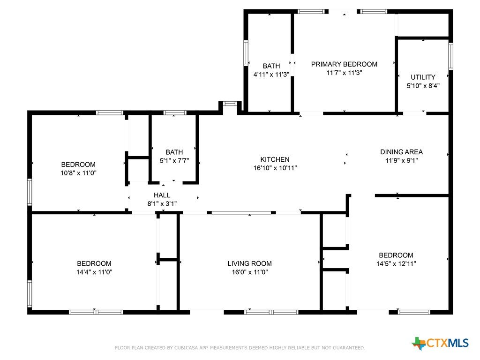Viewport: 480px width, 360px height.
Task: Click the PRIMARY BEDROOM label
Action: (x=344, y=64)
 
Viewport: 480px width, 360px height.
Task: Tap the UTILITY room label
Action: (x=423, y=77)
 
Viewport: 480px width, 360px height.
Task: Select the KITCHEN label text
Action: (x=275, y=159)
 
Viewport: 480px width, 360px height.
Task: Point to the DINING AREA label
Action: (x=401, y=152)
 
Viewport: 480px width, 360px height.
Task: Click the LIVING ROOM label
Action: (x=249, y=263)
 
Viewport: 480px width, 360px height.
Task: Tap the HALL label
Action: (x=162, y=195)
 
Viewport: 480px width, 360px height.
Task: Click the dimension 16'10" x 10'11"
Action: (x=275, y=168)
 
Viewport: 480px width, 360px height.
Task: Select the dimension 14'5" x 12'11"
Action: (x=396, y=263)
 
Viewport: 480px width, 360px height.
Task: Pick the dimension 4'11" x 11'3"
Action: (x=271, y=75)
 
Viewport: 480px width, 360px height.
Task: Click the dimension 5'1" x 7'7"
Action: (x=174, y=160)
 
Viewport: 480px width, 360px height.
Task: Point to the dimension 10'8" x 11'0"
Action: (x=78, y=173)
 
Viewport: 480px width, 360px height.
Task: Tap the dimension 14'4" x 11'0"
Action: (x=94, y=272)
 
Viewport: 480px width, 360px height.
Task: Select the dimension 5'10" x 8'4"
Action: (x=423, y=86)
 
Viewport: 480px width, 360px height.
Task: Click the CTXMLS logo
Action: (x=440, y=343)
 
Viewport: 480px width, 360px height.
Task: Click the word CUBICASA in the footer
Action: (x=186, y=348)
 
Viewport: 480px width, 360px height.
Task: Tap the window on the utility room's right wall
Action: (x=450, y=56)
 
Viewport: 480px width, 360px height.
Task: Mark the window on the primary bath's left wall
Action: (x=246, y=53)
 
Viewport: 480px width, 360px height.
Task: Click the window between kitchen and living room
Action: (x=241, y=212)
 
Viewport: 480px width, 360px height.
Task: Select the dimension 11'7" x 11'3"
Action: (x=344, y=73)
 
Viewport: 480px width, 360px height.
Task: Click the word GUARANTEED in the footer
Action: (x=349, y=348)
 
